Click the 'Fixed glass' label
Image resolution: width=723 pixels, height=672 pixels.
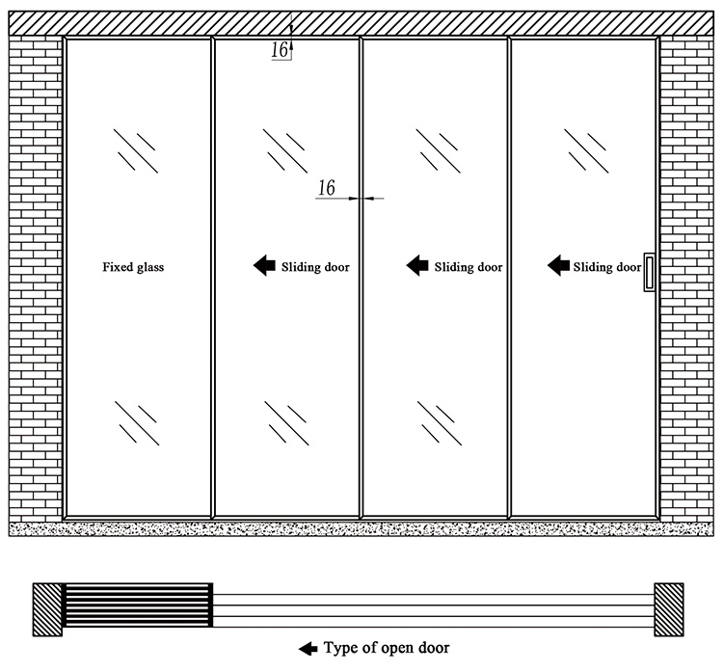point(133,267)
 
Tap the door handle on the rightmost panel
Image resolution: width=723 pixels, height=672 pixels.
point(649,272)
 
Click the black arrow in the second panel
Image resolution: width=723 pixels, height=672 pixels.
point(265,265)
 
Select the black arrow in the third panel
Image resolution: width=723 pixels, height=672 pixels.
point(417,265)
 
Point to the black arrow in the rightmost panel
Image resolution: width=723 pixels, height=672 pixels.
point(558,265)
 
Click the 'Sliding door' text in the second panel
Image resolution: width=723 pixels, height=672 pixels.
point(315,267)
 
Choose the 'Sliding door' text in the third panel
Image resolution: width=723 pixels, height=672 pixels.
point(468,267)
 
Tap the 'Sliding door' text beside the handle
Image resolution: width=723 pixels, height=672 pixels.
point(606,267)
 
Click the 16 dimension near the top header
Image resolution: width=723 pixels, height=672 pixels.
point(280,50)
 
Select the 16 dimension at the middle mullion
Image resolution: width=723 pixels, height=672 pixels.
point(327,188)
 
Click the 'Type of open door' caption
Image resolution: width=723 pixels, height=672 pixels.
point(387,648)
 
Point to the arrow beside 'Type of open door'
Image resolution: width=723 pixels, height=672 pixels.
point(308,649)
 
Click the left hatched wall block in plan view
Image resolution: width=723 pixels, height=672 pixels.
point(47,609)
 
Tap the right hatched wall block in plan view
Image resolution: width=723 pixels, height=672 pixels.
point(669,609)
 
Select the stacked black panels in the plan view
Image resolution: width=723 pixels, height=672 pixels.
point(138,605)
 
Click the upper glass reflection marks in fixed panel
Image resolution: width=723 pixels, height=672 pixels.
point(136,150)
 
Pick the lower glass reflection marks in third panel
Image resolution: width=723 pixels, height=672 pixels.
point(440,423)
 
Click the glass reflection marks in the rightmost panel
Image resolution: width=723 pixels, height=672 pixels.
point(586,150)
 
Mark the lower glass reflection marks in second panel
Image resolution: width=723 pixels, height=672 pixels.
point(286,423)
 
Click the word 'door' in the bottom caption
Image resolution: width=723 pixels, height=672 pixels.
point(434,648)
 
